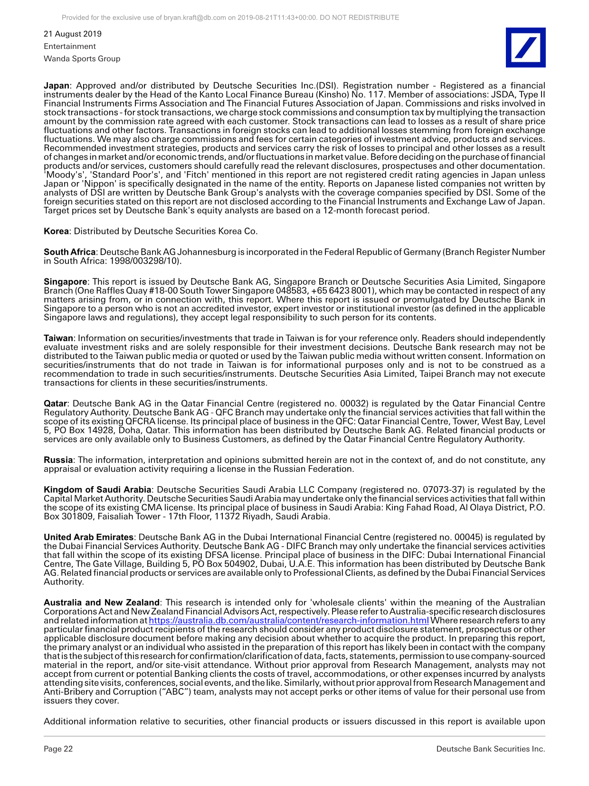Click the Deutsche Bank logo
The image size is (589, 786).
point(525,48)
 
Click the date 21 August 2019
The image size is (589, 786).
point(73,34)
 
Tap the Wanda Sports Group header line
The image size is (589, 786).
point(82,58)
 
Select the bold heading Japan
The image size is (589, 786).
point(57,86)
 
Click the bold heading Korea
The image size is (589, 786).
point(56,231)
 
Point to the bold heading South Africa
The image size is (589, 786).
point(70,252)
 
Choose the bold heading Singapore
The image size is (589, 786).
point(66,282)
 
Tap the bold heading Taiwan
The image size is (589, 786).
point(58,338)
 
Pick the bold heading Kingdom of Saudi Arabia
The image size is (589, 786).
point(97,489)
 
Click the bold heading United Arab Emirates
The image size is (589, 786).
point(88,537)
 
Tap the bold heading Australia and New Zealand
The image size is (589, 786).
point(102,603)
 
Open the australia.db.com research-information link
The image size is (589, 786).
point(289,620)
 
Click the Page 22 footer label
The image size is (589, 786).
point(58,749)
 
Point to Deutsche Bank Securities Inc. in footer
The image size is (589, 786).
point(491,749)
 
